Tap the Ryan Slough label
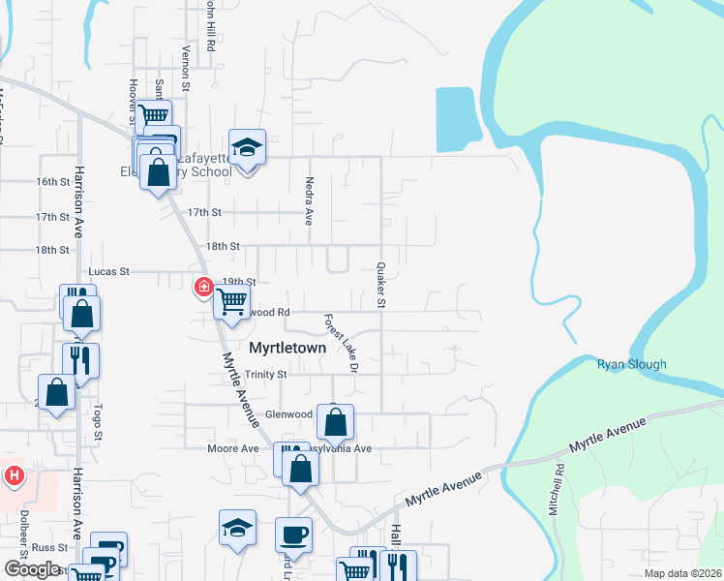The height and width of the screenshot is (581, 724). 632,365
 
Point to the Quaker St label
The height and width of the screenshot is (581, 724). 380,285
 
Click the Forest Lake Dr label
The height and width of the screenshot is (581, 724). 342,344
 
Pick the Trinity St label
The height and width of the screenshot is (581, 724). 266,374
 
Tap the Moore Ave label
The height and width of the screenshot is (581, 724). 233,448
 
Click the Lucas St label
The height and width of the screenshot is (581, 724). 108,272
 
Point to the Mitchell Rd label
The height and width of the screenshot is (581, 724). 558,490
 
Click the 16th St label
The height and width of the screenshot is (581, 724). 53,181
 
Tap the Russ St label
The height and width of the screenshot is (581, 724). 47,547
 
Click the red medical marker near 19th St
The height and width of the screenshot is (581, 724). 203,286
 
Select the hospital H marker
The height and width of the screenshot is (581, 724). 14,475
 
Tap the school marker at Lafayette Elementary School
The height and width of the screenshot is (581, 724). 247,148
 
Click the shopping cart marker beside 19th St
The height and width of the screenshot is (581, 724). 231,302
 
